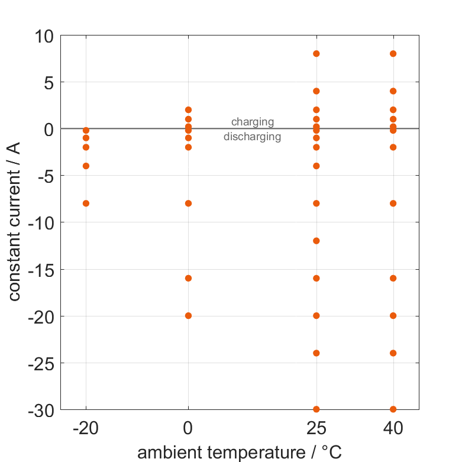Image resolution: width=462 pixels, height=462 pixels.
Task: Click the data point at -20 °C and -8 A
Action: coord(86,203)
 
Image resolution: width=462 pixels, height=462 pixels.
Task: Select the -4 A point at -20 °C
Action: coord(86,166)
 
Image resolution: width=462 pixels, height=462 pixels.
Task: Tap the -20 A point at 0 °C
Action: coord(188,316)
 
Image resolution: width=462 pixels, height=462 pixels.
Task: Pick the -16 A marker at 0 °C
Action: coord(188,278)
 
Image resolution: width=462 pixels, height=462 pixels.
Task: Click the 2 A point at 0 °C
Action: coord(188,110)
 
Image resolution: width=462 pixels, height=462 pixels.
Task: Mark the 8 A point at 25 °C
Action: coord(316,54)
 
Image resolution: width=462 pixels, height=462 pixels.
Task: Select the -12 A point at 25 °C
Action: coord(316,241)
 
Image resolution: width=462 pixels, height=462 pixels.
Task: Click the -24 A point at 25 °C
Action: coord(316,353)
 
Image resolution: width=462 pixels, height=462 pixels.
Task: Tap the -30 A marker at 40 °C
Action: coord(393,409)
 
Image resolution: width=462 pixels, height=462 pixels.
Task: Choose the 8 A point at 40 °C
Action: coord(393,54)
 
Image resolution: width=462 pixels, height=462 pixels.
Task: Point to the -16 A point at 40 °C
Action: coord(393,278)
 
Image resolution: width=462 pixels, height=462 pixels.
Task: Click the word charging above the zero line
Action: coord(253,122)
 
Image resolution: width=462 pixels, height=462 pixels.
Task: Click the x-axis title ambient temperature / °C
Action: coord(240,453)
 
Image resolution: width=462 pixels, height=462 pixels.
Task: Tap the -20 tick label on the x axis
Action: coord(86,428)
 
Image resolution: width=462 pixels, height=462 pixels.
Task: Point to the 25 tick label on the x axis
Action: coord(316,428)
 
